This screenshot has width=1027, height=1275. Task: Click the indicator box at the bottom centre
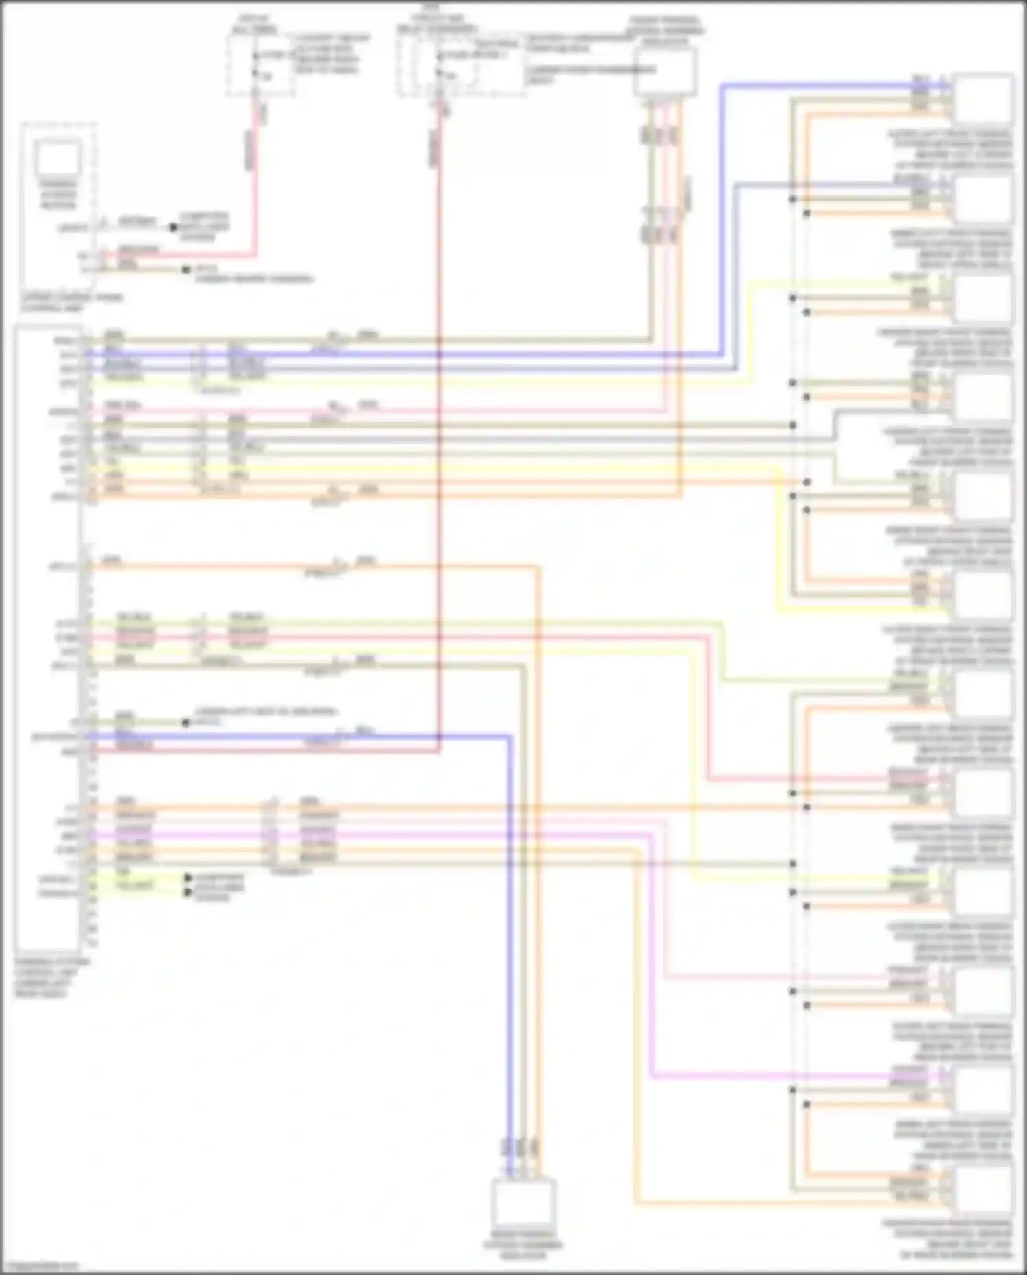click(523, 1201)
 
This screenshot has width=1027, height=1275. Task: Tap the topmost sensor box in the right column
click(983, 99)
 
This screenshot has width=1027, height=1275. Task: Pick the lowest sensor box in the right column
click(983, 1191)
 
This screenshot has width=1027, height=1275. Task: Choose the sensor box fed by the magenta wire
click(983, 1089)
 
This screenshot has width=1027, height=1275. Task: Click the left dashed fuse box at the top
click(260, 66)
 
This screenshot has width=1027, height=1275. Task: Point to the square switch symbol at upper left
click(58, 160)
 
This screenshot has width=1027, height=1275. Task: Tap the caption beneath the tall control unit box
click(51, 977)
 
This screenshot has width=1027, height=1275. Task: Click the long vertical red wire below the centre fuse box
click(438, 480)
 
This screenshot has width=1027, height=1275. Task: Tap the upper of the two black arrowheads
click(188, 878)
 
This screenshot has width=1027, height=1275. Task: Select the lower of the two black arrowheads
click(188, 892)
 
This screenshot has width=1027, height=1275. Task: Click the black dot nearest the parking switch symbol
click(174, 226)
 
